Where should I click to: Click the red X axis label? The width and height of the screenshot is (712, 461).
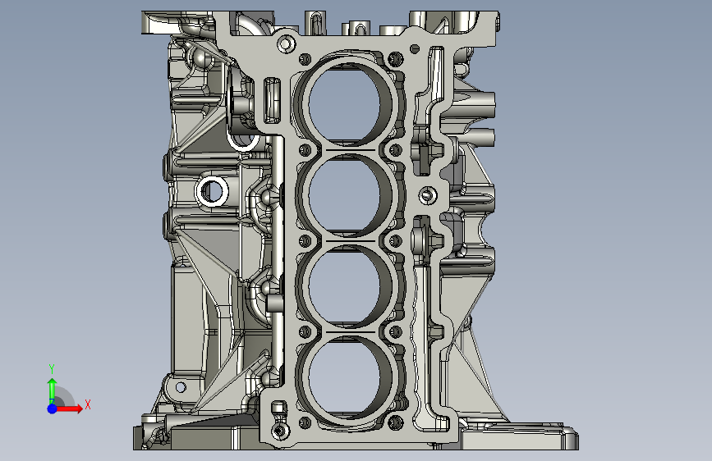(x=88, y=404)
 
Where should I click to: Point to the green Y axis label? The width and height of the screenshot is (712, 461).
(x=52, y=369)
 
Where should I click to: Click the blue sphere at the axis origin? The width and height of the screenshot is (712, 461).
(x=53, y=409)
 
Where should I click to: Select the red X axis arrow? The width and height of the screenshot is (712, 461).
(x=69, y=409)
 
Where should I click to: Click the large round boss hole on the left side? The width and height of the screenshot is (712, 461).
(x=212, y=191)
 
